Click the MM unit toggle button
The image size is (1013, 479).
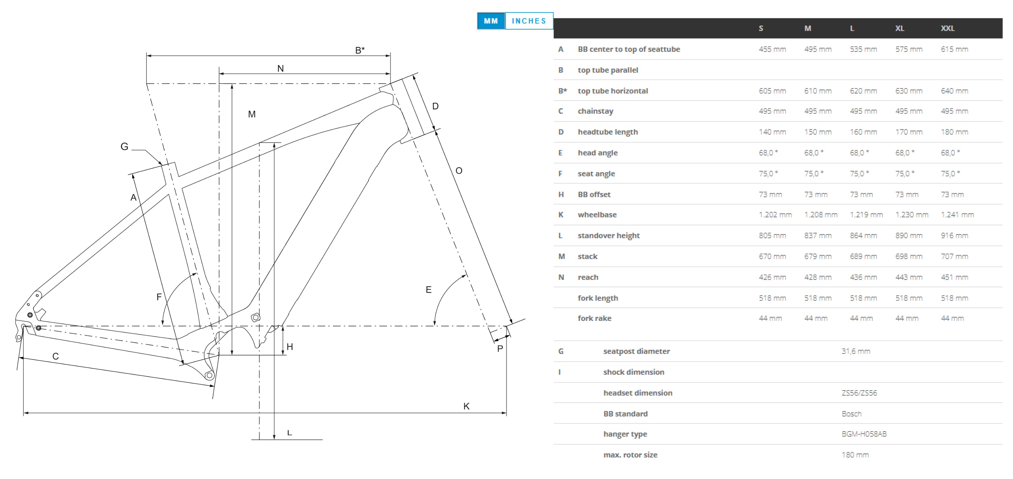pyautogui.click(x=491, y=21)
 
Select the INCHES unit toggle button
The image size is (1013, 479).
pyautogui.click(x=529, y=21)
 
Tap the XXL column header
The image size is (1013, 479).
pyautogui.click(x=947, y=28)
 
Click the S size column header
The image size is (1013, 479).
pyautogui.click(x=761, y=28)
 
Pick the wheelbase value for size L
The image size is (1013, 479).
pyautogui.click(x=866, y=214)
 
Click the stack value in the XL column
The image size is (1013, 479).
pyautogui.click(x=909, y=256)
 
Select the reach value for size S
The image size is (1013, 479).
pyautogui.click(x=772, y=277)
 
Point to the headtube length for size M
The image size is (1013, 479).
pyautogui.click(x=818, y=132)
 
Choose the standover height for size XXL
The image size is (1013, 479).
pyautogui.click(x=954, y=235)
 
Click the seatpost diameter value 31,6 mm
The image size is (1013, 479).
pyautogui.click(x=856, y=351)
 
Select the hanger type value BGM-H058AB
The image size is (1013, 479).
pyautogui.click(x=864, y=434)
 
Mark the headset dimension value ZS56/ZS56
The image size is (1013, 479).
pyautogui.click(x=859, y=393)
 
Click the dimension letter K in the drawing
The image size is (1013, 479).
pyautogui.click(x=466, y=406)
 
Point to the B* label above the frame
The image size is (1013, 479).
pyautogui.click(x=360, y=50)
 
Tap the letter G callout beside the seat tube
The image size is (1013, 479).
pyautogui.click(x=124, y=147)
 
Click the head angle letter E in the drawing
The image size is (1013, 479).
pyautogui.click(x=429, y=290)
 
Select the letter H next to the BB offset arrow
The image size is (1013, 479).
pyautogui.click(x=290, y=347)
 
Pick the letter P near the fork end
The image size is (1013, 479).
pyautogui.click(x=500, y=349)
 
